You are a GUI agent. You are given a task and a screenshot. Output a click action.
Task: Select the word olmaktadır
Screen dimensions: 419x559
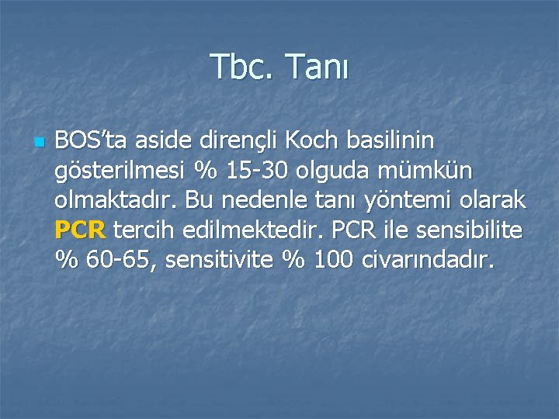(119, 200)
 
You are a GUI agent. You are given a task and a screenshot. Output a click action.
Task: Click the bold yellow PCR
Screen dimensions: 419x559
(81, 230)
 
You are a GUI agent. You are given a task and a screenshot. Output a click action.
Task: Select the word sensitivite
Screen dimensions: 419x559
(223, 260)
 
